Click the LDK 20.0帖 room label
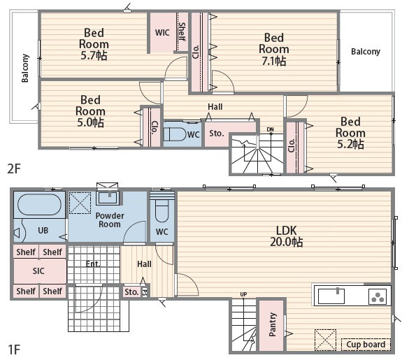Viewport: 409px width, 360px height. click(287, 236)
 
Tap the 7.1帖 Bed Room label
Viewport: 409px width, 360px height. click(274, 50)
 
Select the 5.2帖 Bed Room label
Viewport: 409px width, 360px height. click(350, 133)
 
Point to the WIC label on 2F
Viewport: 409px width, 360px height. click(162, 33)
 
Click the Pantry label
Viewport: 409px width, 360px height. click(273, 324)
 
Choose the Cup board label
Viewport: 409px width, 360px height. click(366, 345)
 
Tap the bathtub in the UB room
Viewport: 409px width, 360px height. click(39, 205)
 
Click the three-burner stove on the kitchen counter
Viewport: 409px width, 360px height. click(378, 297)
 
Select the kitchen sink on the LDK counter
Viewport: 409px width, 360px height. click(331, 296)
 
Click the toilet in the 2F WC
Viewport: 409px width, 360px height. click(175, 134)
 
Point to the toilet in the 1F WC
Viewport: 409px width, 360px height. click(162, 210)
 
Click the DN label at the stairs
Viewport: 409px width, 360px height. click(271, 129)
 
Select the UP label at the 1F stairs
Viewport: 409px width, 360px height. click(243, 294)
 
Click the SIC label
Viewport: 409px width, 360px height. click(38, 271)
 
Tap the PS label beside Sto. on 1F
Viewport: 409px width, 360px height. click(145, 292)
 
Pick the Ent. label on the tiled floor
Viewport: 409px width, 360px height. click(93, 264)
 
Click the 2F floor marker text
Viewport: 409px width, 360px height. click(14, 168)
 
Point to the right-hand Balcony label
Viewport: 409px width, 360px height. click(366, 52)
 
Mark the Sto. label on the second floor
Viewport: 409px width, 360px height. click(217, 134)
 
